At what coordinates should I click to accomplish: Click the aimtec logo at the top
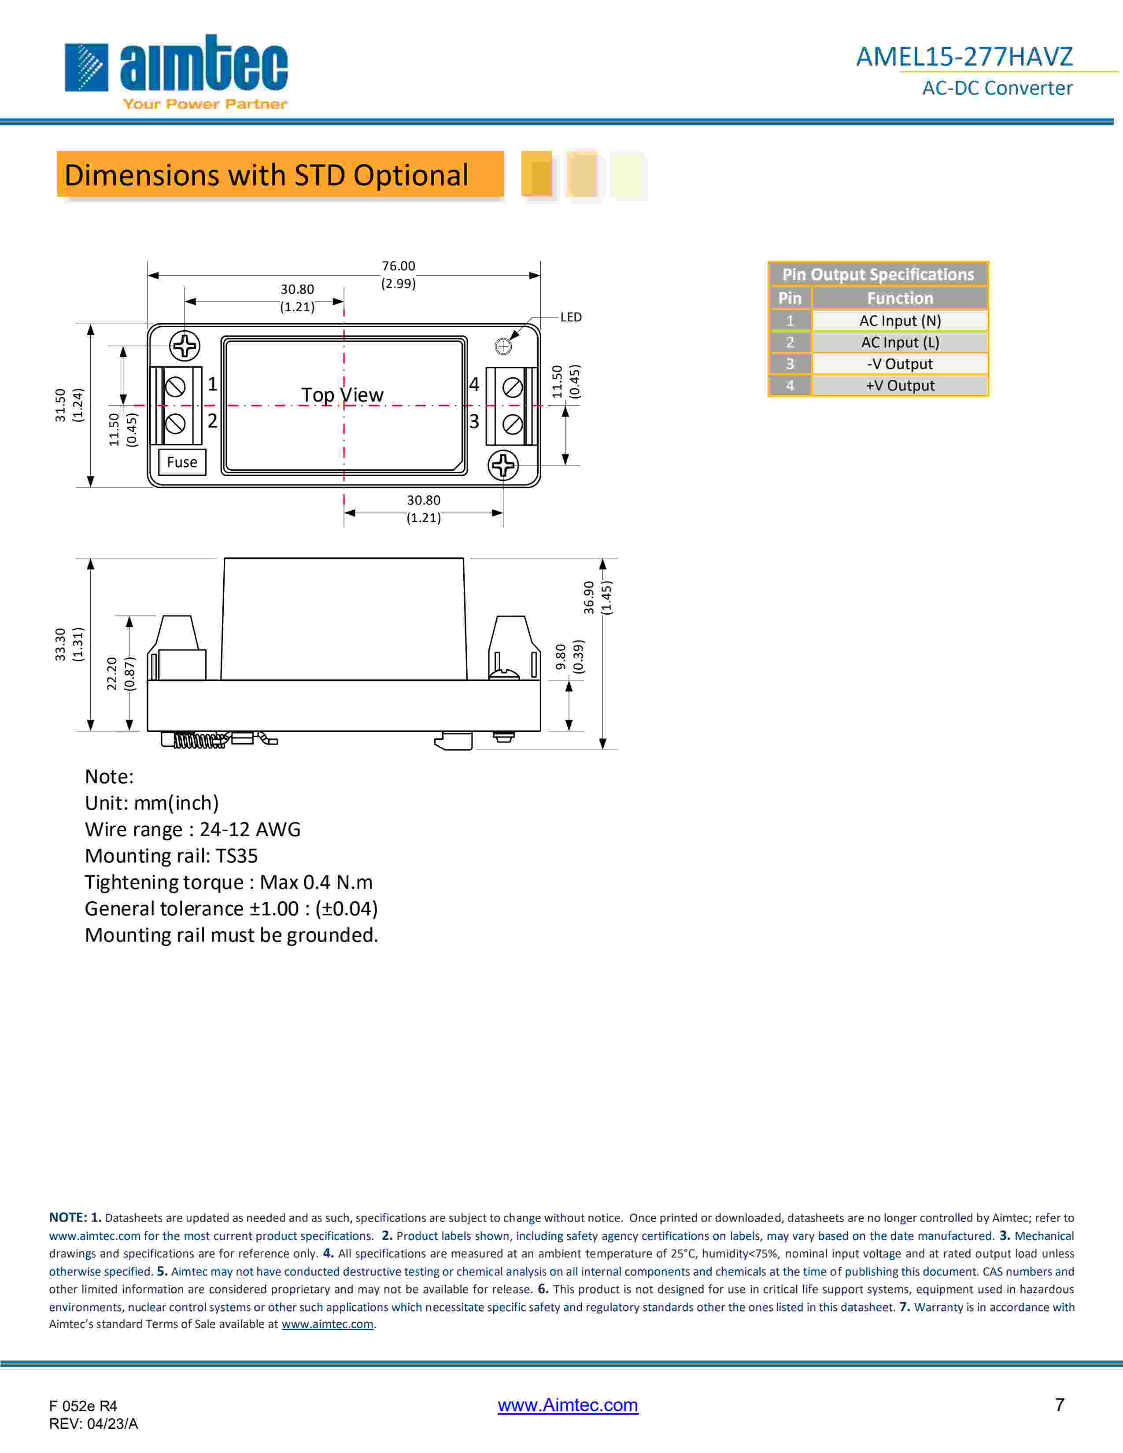coord(176,70)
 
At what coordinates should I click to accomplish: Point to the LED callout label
coord(571,317)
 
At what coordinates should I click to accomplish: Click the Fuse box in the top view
coord(181,462)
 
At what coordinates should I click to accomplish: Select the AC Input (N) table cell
coord(899,321)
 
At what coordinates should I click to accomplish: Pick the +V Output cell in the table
coord(899,386)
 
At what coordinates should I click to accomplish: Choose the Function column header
coord(899,298)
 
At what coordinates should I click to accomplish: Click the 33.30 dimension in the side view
coord(60,644)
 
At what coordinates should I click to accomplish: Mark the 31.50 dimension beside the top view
coord(60,405)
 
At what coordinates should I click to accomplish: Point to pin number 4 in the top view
coord(474,384)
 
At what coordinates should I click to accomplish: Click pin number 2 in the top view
coord(212,421)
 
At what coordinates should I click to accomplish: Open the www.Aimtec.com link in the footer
coord(568,1405)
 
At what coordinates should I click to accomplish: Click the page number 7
coord(1060,1405)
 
